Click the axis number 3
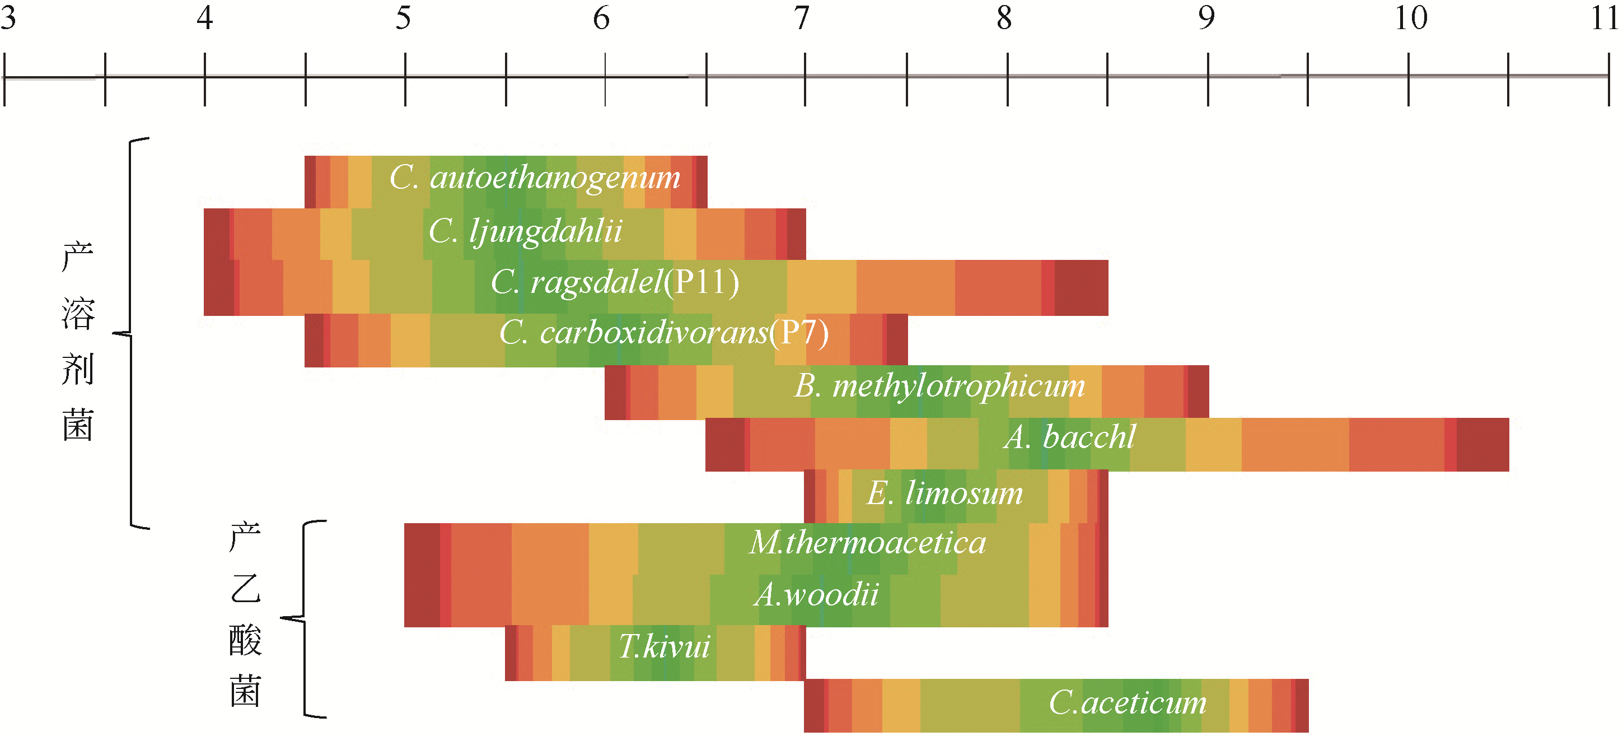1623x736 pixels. (x=8, y=18)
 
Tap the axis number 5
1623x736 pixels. (x=403, y=18)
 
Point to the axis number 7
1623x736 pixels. (x=801, y=18)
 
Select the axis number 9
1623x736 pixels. (x=1206, y=18)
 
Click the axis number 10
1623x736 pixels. (x=1411, y=18)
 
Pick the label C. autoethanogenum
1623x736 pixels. (x=535, y=178)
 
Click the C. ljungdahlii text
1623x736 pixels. (x=526, y=231)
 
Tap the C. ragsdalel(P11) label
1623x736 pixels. (x=615, y=282)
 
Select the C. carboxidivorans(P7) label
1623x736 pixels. (x=663, y=333)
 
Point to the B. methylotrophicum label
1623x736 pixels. (x=939, y=385)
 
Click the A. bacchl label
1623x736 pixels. (x=1070, y=437)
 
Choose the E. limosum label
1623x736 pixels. (x=944, y=493)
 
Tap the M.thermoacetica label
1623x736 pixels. (x=868, y=543)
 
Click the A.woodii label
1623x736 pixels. (x=816, y=594)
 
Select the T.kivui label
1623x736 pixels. (x=664, y=646)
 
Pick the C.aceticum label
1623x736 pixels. (x=1128, y=702)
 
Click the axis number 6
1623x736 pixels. (x=602, y=18)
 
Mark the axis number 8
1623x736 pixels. (x=1004, y=18)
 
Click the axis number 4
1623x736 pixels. (x=204, y=18)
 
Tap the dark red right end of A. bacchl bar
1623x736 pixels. (x=1482, y=444)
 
